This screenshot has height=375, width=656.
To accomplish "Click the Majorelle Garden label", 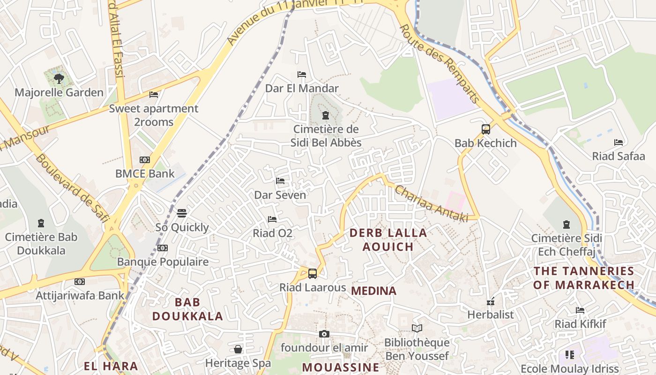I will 59,92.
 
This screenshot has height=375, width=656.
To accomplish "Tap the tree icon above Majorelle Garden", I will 59,78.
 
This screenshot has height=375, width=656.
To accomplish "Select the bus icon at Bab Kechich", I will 486,129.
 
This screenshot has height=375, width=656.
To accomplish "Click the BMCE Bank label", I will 145,173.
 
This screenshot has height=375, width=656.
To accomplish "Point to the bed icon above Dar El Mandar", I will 302,75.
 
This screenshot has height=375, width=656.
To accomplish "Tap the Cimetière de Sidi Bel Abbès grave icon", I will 326,115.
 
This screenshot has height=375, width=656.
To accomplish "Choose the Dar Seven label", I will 280,195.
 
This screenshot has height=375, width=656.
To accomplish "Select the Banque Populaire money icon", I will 163,248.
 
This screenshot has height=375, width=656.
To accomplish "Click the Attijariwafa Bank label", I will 80,295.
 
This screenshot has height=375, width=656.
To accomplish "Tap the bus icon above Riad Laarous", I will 313,274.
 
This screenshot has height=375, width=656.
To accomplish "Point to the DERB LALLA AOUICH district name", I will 388,240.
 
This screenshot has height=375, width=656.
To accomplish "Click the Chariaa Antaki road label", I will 431,203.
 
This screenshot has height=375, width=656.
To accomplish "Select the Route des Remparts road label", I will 439,64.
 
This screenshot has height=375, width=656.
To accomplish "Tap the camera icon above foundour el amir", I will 324,334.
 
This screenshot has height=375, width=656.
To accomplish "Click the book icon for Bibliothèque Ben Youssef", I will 417,329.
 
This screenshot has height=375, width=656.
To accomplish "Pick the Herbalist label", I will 491,315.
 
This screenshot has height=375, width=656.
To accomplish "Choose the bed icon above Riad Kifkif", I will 580,310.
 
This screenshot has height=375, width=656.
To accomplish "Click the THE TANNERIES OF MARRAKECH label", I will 584,277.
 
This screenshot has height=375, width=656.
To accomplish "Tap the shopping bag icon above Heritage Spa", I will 238,349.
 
